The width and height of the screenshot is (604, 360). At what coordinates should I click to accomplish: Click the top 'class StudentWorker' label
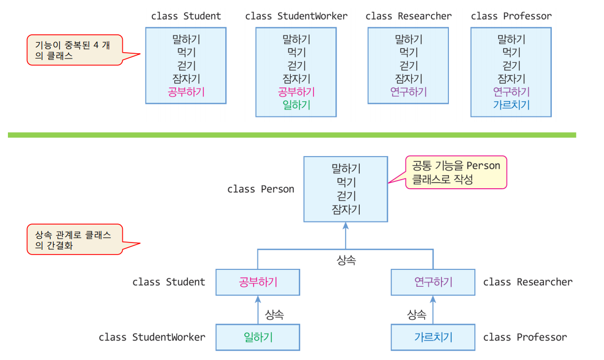tap(296, 16)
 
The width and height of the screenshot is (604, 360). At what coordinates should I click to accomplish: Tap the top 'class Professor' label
tap(511, 16)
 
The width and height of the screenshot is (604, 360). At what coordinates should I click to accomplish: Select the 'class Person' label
tap(261, 189)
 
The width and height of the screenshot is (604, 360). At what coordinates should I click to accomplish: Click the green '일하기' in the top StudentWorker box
tap(296, 105)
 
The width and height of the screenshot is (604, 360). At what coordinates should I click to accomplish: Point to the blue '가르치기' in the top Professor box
tap(511, 105)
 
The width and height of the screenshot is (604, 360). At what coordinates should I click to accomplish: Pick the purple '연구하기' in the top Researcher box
tap(408, 92)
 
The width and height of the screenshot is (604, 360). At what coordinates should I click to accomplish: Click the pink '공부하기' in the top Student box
tap(186, 92)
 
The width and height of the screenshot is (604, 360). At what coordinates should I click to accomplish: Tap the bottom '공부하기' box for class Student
tap(258, 282)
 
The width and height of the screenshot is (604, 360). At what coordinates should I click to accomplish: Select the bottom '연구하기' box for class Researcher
tap(433, 282)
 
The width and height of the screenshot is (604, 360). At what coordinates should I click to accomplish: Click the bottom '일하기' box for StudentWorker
tap(258, 337)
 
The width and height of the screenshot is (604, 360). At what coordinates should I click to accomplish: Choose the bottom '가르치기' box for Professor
tap(433, 337)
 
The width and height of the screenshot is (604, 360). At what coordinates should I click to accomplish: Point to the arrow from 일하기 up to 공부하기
tap(258, 310)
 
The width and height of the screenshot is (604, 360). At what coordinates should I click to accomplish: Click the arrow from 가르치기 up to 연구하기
tap(433, 310)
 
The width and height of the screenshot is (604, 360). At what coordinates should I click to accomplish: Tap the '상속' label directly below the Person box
tap(346, 260)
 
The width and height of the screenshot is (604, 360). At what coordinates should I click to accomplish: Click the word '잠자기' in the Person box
tap(346, 209)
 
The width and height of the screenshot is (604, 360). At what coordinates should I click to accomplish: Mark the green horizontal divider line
tap(292, 135)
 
